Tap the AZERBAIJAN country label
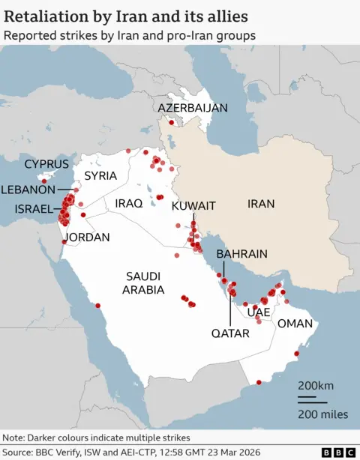coord(192,108)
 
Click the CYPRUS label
coord(46,164)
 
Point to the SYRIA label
coord(100,176)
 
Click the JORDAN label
coord(88,237)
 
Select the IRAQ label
coord(128,203)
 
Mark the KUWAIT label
coord(193,206)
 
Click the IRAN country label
coord(261,203)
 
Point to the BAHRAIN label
coord(241,255)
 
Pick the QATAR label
coord(229,333)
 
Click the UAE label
coord(259,312)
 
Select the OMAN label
coord(295,324)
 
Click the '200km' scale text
coord(315,386)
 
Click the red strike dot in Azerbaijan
coord(172,122)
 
